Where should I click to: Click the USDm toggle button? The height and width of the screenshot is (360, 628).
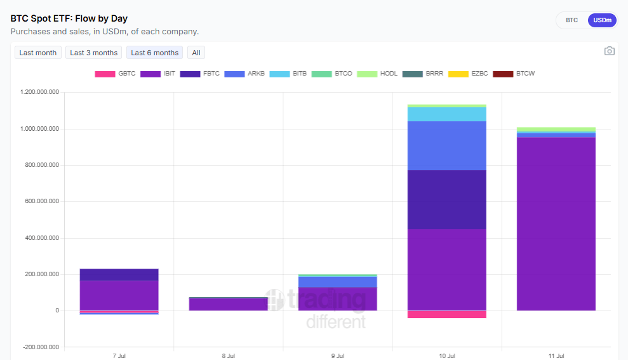(x=602, y=20)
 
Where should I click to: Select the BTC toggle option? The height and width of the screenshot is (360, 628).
(x=572, y=20)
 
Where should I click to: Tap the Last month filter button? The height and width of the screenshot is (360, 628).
(x=38, y=53)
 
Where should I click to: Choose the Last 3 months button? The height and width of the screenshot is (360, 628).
(x=94, y=53)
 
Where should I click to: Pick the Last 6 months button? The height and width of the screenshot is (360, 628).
(x=154, y=53)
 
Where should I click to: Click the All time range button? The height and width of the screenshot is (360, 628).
(x=196, y=53)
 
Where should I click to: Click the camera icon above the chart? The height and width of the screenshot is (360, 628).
(x=609, y=51)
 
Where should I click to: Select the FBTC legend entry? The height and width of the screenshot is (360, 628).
(x=201, y=74)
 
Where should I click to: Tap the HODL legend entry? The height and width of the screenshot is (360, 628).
(x=378, y=74)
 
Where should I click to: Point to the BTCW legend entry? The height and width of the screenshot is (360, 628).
(x=514, y=74)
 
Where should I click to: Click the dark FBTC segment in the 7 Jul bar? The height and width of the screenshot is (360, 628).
(x=119, y=275)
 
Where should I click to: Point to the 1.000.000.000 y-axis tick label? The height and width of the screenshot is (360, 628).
(x=39, y=129)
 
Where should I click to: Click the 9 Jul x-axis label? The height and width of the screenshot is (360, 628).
(x=338, y=356)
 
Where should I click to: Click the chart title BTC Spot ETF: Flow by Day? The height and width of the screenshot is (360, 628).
(x=69, y=18)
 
